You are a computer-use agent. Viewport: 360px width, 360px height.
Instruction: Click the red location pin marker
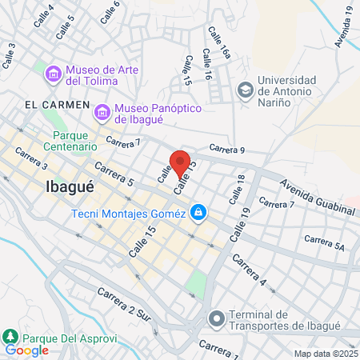(181, 163)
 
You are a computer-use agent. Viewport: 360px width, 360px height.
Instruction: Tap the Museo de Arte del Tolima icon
(54, 74)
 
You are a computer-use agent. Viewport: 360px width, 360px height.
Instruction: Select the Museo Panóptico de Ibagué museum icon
(102, 114)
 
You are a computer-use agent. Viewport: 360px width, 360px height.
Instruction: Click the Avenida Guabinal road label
(316, 198)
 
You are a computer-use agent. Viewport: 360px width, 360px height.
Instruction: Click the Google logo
(26, 350)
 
